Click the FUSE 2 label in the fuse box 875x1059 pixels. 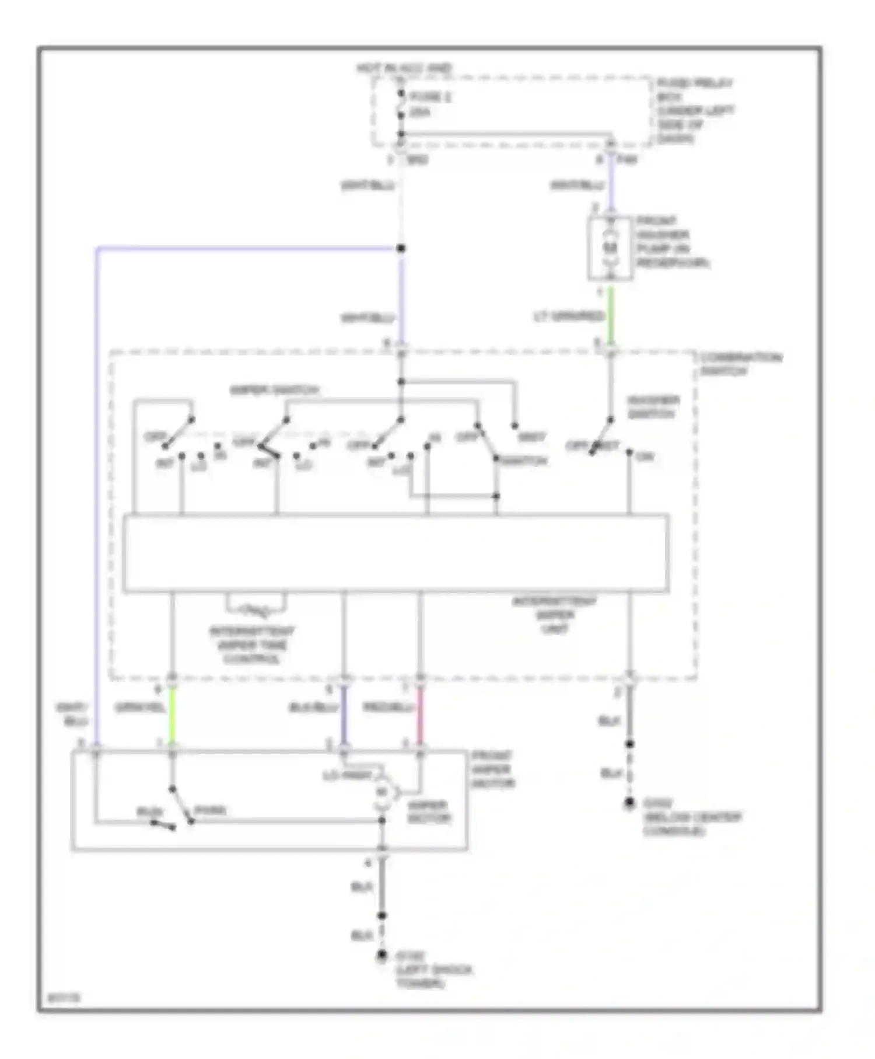(x=430, y=97)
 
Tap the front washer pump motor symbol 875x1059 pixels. (x=610, y=248)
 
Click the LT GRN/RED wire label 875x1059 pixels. (x=569, y=316)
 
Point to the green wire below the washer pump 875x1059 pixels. (x=611, y=315)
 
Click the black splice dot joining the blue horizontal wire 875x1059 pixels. (x=401, y=249)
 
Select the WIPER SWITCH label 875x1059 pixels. (x=274, y=390)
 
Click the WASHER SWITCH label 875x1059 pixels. (x=653, y=407)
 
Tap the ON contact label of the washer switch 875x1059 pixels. (x=645, y=457)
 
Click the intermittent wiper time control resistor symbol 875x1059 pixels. (x=257, y=611)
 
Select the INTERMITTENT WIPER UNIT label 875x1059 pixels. (x=554, y=615)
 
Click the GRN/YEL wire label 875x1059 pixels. (x=141, y=708)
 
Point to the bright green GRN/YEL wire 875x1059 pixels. (x=172, y=715)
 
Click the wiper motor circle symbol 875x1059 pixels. (x=382, y=792)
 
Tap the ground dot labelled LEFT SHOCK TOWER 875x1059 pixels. (x=381, y=955)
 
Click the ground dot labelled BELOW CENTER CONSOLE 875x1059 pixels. (x=629, y=803)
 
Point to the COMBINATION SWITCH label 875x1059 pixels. (x=741, y=364)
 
